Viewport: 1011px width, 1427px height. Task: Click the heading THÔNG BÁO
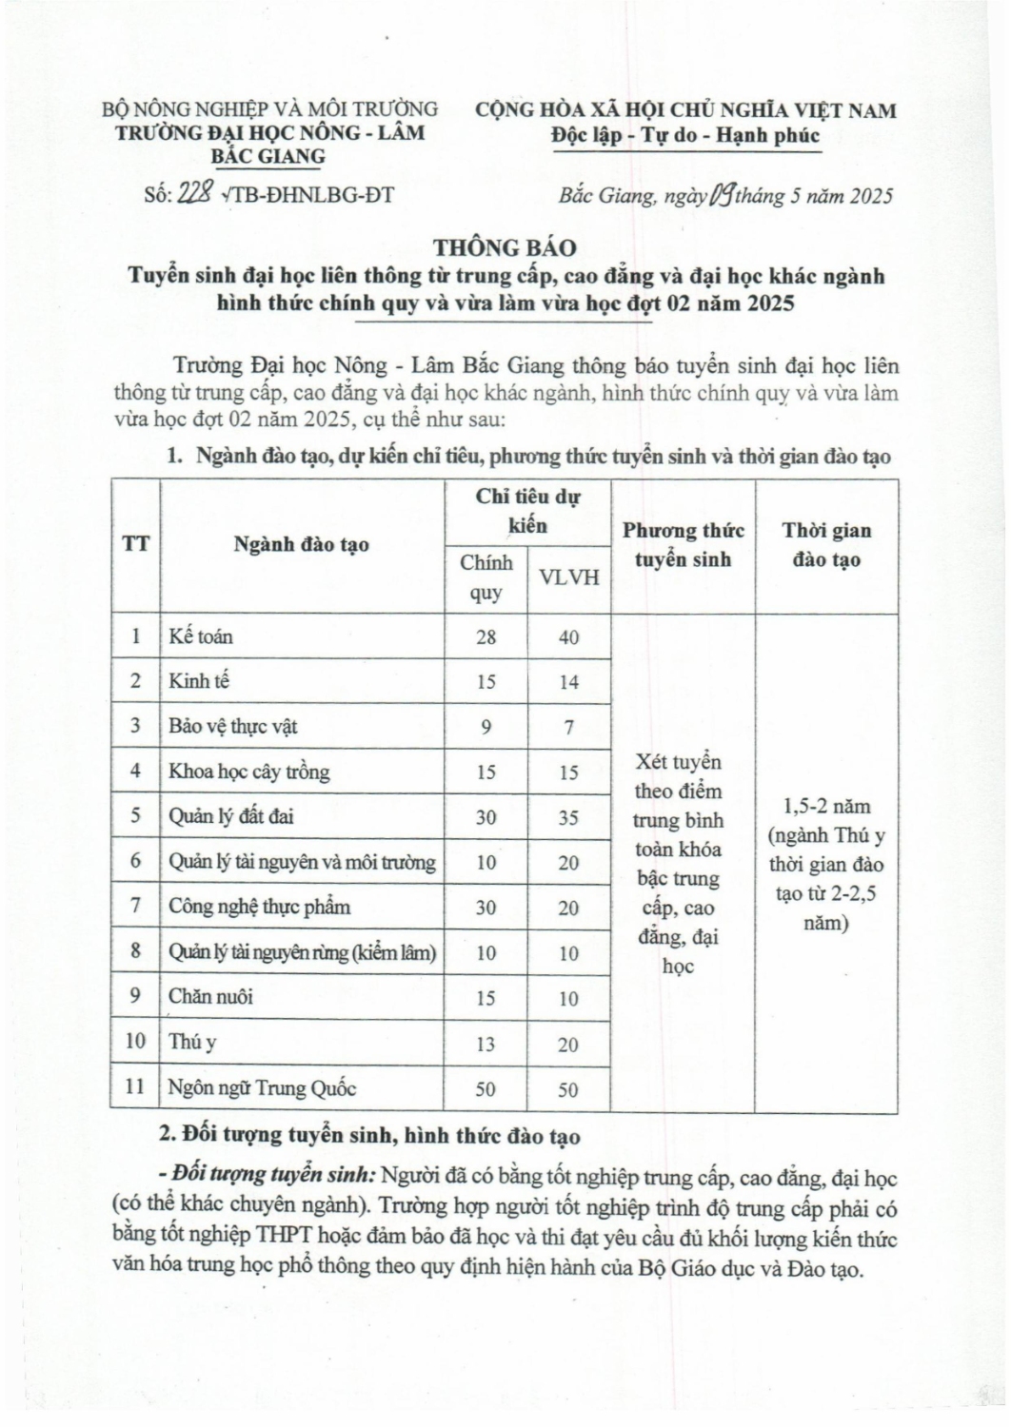[505, 248]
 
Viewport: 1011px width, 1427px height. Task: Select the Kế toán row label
[201, 636]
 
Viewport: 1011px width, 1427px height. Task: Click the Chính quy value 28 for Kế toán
[486, 637]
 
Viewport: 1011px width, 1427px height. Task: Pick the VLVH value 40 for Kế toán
[568, 637]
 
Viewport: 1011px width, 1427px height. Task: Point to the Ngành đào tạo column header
[301, 545]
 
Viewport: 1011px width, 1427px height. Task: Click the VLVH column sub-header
[568, 577]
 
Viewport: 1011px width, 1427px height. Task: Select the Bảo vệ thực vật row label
[233, 726]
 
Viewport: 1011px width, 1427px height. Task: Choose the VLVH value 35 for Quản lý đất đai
[568, 817]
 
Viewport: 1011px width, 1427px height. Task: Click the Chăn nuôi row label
[210, 997]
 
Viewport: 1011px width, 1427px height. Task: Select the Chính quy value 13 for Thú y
[486, 1044]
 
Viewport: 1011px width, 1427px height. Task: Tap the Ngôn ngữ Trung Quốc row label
[262, 1087]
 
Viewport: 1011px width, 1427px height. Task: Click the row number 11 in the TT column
[135, 1086]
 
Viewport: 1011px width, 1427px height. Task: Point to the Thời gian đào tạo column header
[826, 545]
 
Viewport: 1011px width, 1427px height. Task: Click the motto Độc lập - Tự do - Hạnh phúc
[685, 136]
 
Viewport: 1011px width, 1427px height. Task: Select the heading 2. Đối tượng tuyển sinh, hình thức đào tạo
[367, 1136]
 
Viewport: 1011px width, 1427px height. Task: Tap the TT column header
[135, 545]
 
